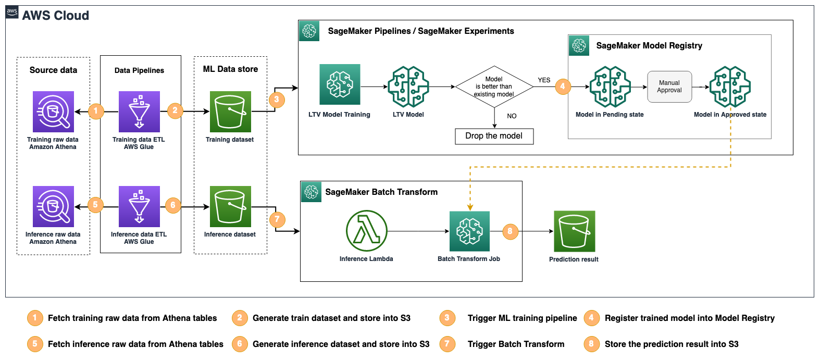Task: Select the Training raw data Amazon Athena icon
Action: pyautogui.click(x=53, y=111)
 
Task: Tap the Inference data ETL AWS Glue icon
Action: pyautogui.click(x=139, y=207)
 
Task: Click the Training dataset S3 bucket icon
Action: pyautogui.click(x=230, y=111)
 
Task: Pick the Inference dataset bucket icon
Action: pyautogui.click(x=230, y=206)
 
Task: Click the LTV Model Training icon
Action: pyautogui.click(x=340, y=84)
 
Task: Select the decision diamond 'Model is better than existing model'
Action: pyautogui.click(x=494, y=87)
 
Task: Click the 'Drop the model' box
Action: pyautogui.click(x=494, y=136)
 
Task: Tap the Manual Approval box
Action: pyautogui.click(x=669, y=86)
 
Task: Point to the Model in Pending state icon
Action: pyautogui.click(x=610, y=86)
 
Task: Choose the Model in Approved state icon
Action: pyautogui.click(x=730, y=86)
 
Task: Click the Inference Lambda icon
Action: pyautogui.click(x=366, y=231)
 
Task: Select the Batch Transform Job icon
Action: pyautogui.click(x=469, y=231)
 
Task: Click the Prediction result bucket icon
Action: pyautogui.click(x=574, y=231)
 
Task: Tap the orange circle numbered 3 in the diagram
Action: pyautogui.click(x=277, y=100)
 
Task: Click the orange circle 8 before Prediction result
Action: pyautogui.click(x=510, y=231)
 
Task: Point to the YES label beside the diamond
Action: pyautogui.click(x=544, y=80)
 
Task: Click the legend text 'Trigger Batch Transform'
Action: pyautogui.click(x=516, y=344)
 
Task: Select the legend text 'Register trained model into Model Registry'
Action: pyautogui.click(x=689, y=318)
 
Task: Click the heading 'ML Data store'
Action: pyautogui.click(x=230, y=69)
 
